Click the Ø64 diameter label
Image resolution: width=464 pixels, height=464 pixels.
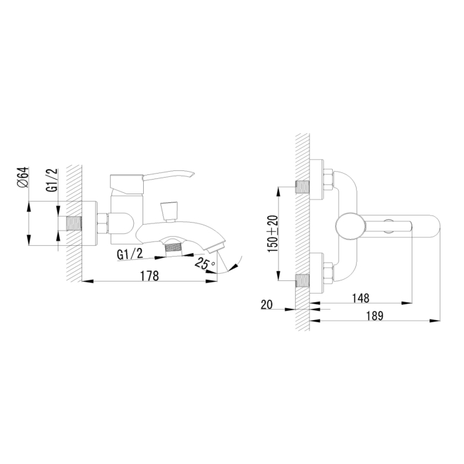23,177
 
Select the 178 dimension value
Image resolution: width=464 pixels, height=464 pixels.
149,276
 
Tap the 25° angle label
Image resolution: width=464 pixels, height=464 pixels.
204,263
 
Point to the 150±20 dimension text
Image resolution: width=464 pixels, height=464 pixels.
273,234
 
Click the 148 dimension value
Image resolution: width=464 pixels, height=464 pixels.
361,298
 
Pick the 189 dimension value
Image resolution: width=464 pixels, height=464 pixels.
375,316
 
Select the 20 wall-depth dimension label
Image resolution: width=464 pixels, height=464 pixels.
266,304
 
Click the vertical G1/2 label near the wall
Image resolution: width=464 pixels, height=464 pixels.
52,180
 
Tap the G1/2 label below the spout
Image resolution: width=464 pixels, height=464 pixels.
130,254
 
